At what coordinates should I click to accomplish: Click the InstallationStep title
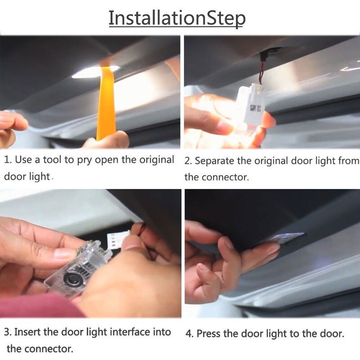pyautogui.click(x=177, y=18)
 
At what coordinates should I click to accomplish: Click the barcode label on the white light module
pyautogui.click(x=255, y=108)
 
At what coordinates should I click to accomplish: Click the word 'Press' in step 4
pyautogui.click(x=209, y=333)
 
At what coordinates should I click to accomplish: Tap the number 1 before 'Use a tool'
pyautogui.click(x=7, y=160)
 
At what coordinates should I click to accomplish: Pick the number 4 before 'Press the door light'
pyautogui.click(x=189, y=333)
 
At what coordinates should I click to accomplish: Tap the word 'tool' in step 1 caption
pyautogui.click(x=53, y=160)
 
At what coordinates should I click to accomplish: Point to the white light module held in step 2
pyautogui.click(x=252, y=104)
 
